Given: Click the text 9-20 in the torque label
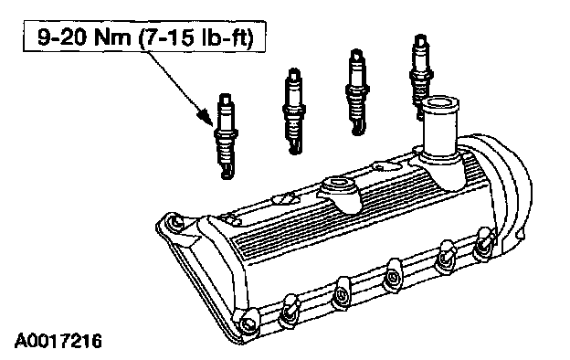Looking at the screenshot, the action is pos(62,37).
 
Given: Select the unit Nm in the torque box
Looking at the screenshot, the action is pos(112,37).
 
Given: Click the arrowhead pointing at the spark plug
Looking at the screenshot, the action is pos(206,116).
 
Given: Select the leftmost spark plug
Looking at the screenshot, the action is pos(226,136).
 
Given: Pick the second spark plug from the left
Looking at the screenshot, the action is pos(293,111).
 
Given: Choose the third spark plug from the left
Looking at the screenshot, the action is pos(356,91).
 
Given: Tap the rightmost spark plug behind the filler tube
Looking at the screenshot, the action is pos(420,73).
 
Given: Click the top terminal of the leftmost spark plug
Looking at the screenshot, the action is pos(226,99).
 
